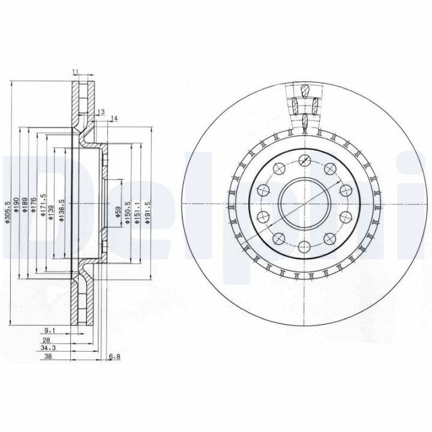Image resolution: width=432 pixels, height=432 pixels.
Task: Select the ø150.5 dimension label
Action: pyautogui.click(x=127, y=213)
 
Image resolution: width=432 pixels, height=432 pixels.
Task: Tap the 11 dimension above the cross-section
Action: pyautogui.click(x=76, y=73)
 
